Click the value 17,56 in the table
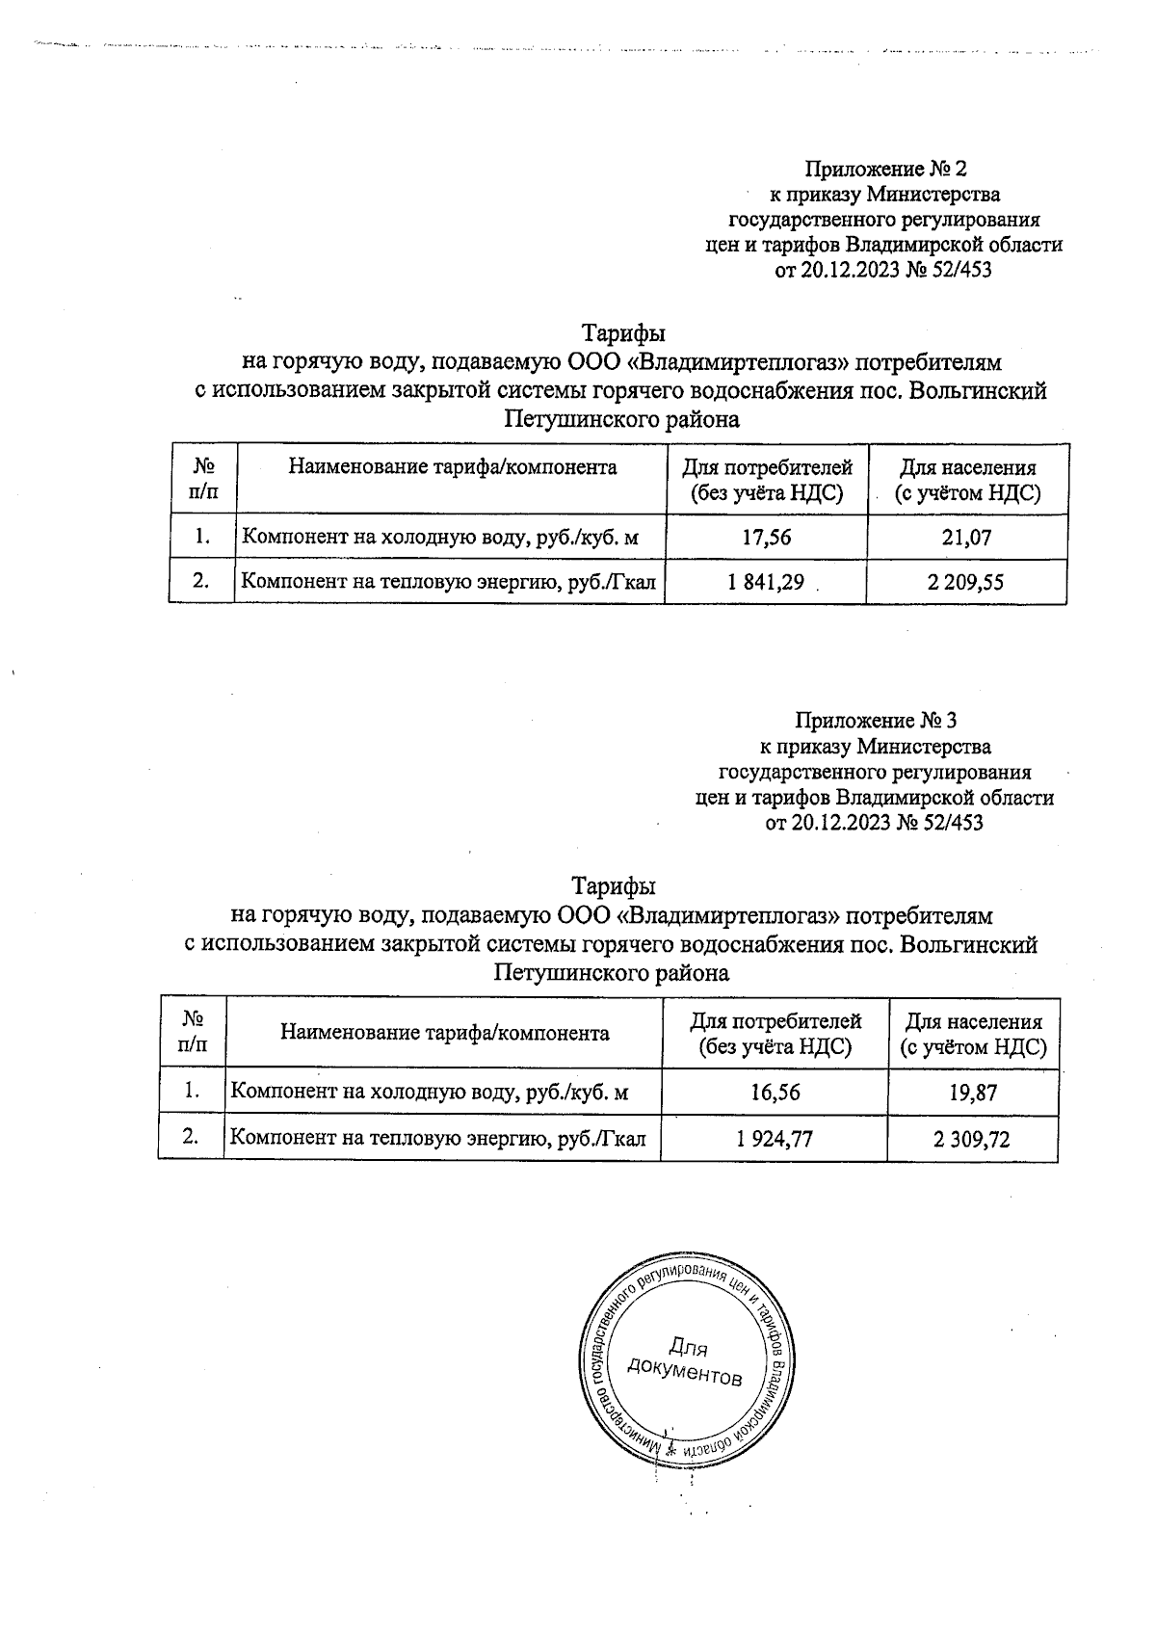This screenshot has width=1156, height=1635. click(767, 538)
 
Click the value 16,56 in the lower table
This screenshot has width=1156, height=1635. click(774, 1092)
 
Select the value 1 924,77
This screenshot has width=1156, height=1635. click(774, 1139)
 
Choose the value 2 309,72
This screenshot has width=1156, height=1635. click(971, 1139)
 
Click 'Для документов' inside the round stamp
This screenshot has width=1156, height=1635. click(685, 1360)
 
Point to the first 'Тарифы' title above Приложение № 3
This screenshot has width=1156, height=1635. click(623, 333)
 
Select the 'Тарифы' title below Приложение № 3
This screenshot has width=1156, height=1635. click(614, 884)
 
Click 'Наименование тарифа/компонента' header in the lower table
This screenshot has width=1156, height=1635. click(444, 1033)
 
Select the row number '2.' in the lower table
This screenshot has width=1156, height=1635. click(191, 1138)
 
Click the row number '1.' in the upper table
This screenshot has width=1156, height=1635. click(202, 537)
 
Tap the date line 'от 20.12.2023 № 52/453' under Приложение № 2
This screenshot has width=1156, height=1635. click(883, 271)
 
